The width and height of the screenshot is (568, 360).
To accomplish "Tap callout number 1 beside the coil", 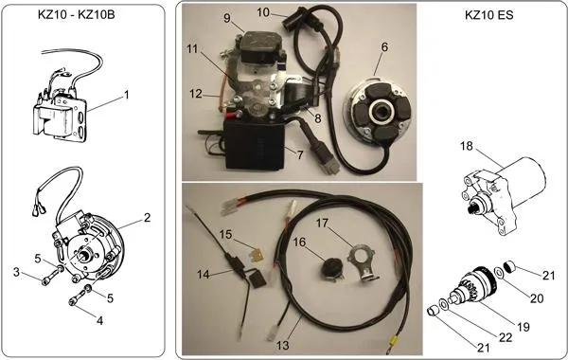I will coord(126,95).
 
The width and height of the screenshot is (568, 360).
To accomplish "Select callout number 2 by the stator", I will coord(147,217).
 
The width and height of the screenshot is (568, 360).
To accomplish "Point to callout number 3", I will coord(16,272).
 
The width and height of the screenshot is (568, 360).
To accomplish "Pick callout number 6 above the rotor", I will coord(384,47).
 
